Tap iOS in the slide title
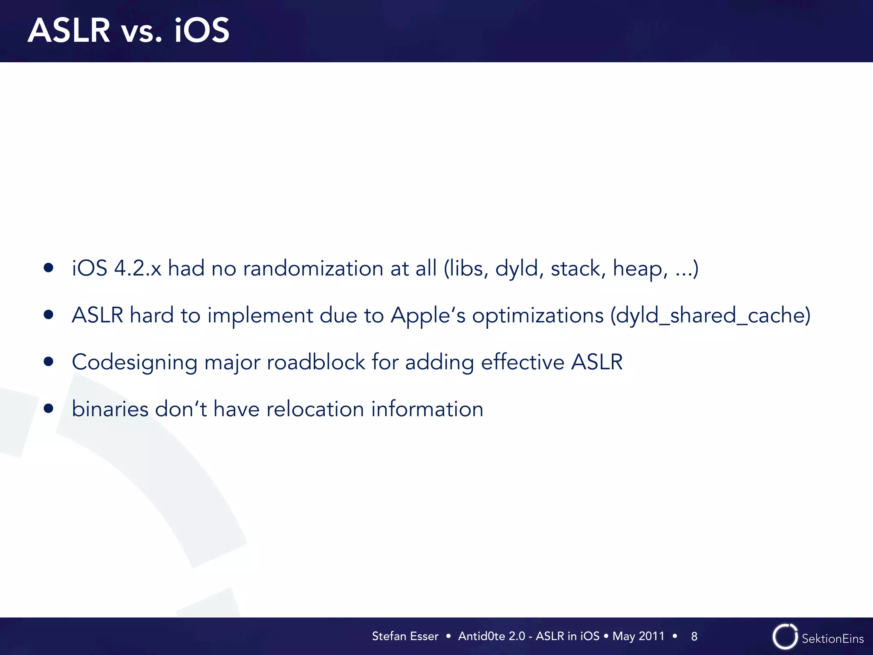pyautogui.click(x=202, y=31)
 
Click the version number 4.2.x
pyautogui.click(x=138, y=269)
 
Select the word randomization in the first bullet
pyautogui.click(x=313, y=269)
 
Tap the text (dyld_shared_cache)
pyautogui.click(x=710, y=316)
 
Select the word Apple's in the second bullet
pyautogui.click(x=428, y=316)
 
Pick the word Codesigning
pyautogui.click(x=134, y=363)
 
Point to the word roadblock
pyautogui.click(x=316, y=362)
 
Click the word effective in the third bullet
pyautogui.click(x=523, y=362)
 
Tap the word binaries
pyautogui.click(x=110, y=409)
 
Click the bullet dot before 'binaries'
pyautogui.click(x=49, y=409)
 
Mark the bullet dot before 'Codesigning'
pyautogui.click(x=49, y=362)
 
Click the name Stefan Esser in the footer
pyautogui.click(x=405, y=636)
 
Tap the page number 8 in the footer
pyautogui.click(x=694, y=637)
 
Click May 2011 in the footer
pyautogui.click(x=638, y=636)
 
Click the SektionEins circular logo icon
pyautogui.click(x=785, y=637)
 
